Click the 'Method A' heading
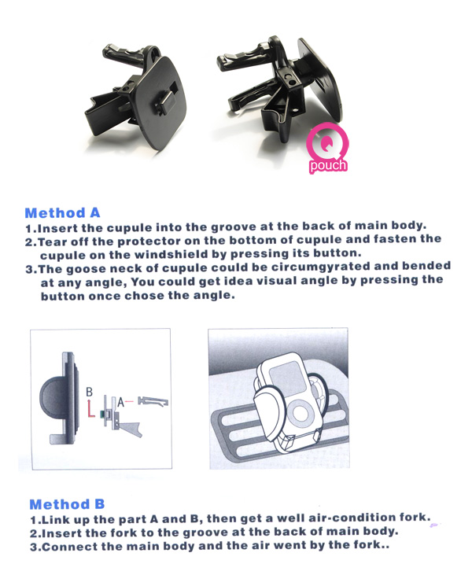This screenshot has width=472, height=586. pyautogui.click(x=62, y=213)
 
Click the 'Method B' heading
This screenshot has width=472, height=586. pyautogui.click(x=67, y=504)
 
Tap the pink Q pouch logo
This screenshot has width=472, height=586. pyautogui.click(x=328, y=149)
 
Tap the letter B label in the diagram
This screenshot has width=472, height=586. pyautogui.click(x=90, y=392)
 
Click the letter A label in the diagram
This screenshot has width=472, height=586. pyautogui.click(x=120, y=403)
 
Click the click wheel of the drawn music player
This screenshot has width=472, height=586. pyautogui.click(x=300, y=413)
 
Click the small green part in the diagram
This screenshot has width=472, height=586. pyautogui.click(x=101, y=414)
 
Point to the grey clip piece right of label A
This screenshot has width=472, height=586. pyautogui.click(x=153, y=401)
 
